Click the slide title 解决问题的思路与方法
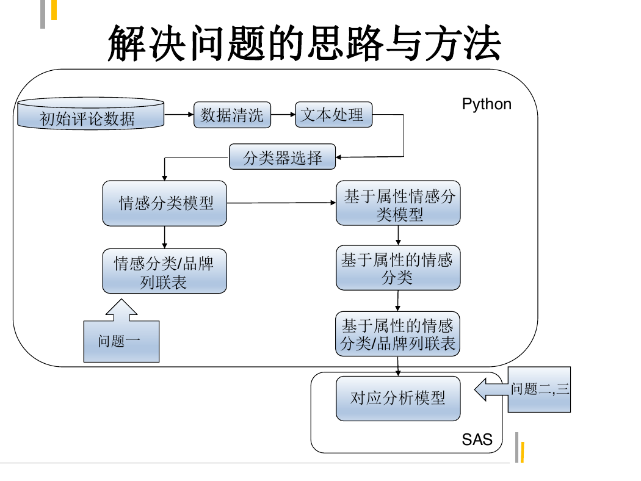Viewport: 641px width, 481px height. point(305,43)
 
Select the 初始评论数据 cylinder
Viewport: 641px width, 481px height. point(91,114)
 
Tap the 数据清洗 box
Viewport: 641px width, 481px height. point(232,115)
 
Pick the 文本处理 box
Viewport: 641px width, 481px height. point(333,114)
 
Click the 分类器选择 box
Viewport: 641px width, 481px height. point(283,157)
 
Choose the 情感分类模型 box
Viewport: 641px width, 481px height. point(164,203)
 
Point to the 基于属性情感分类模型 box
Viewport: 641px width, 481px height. point(398,203)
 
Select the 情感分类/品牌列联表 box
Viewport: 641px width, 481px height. point(164,271)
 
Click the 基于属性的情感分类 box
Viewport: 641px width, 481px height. point(398,268)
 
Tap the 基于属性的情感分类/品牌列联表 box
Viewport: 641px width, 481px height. point(397,334)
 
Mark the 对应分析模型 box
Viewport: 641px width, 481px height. point(398,399)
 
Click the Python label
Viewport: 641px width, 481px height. point(487,104)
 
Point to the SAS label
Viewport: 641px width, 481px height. point(477,439)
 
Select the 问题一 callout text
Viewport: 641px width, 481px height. point(119,341)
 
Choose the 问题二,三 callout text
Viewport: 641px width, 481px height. point(540,389)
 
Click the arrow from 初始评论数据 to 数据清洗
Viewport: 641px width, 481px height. point(179,114)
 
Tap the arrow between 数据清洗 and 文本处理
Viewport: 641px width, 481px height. point(283,114)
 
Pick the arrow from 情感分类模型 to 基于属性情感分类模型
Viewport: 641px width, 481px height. point(281,203)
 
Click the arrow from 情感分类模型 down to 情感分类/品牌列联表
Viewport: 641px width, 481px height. point(164,237)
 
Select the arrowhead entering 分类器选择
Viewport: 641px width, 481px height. point(338,157)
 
